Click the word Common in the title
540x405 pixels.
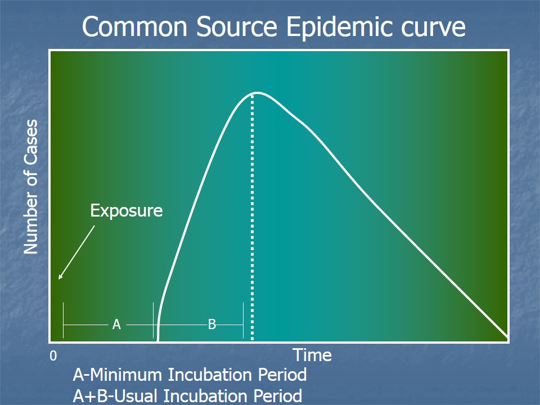[x=134, y=26]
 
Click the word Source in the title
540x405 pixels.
[x=237, y=26]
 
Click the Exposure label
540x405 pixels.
[x=127, y=210]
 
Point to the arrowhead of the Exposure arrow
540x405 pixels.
[x=59, y=278]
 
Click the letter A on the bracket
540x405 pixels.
[x=117, y=325]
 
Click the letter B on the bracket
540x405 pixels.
[x=212, y=325]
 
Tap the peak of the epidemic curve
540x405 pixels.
[x=257, y=93]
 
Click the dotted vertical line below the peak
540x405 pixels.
[x=253, y=218]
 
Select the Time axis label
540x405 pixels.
[x=312, y=355]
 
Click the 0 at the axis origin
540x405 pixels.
[x=53, y=356]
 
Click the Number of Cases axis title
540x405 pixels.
[x=30, y=187]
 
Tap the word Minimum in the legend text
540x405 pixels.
[x=126, y=375]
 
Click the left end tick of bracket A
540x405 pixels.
[x=64, y=320]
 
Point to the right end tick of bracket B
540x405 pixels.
[x=243, y=320]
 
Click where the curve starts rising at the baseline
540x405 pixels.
[x=158, y=340]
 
